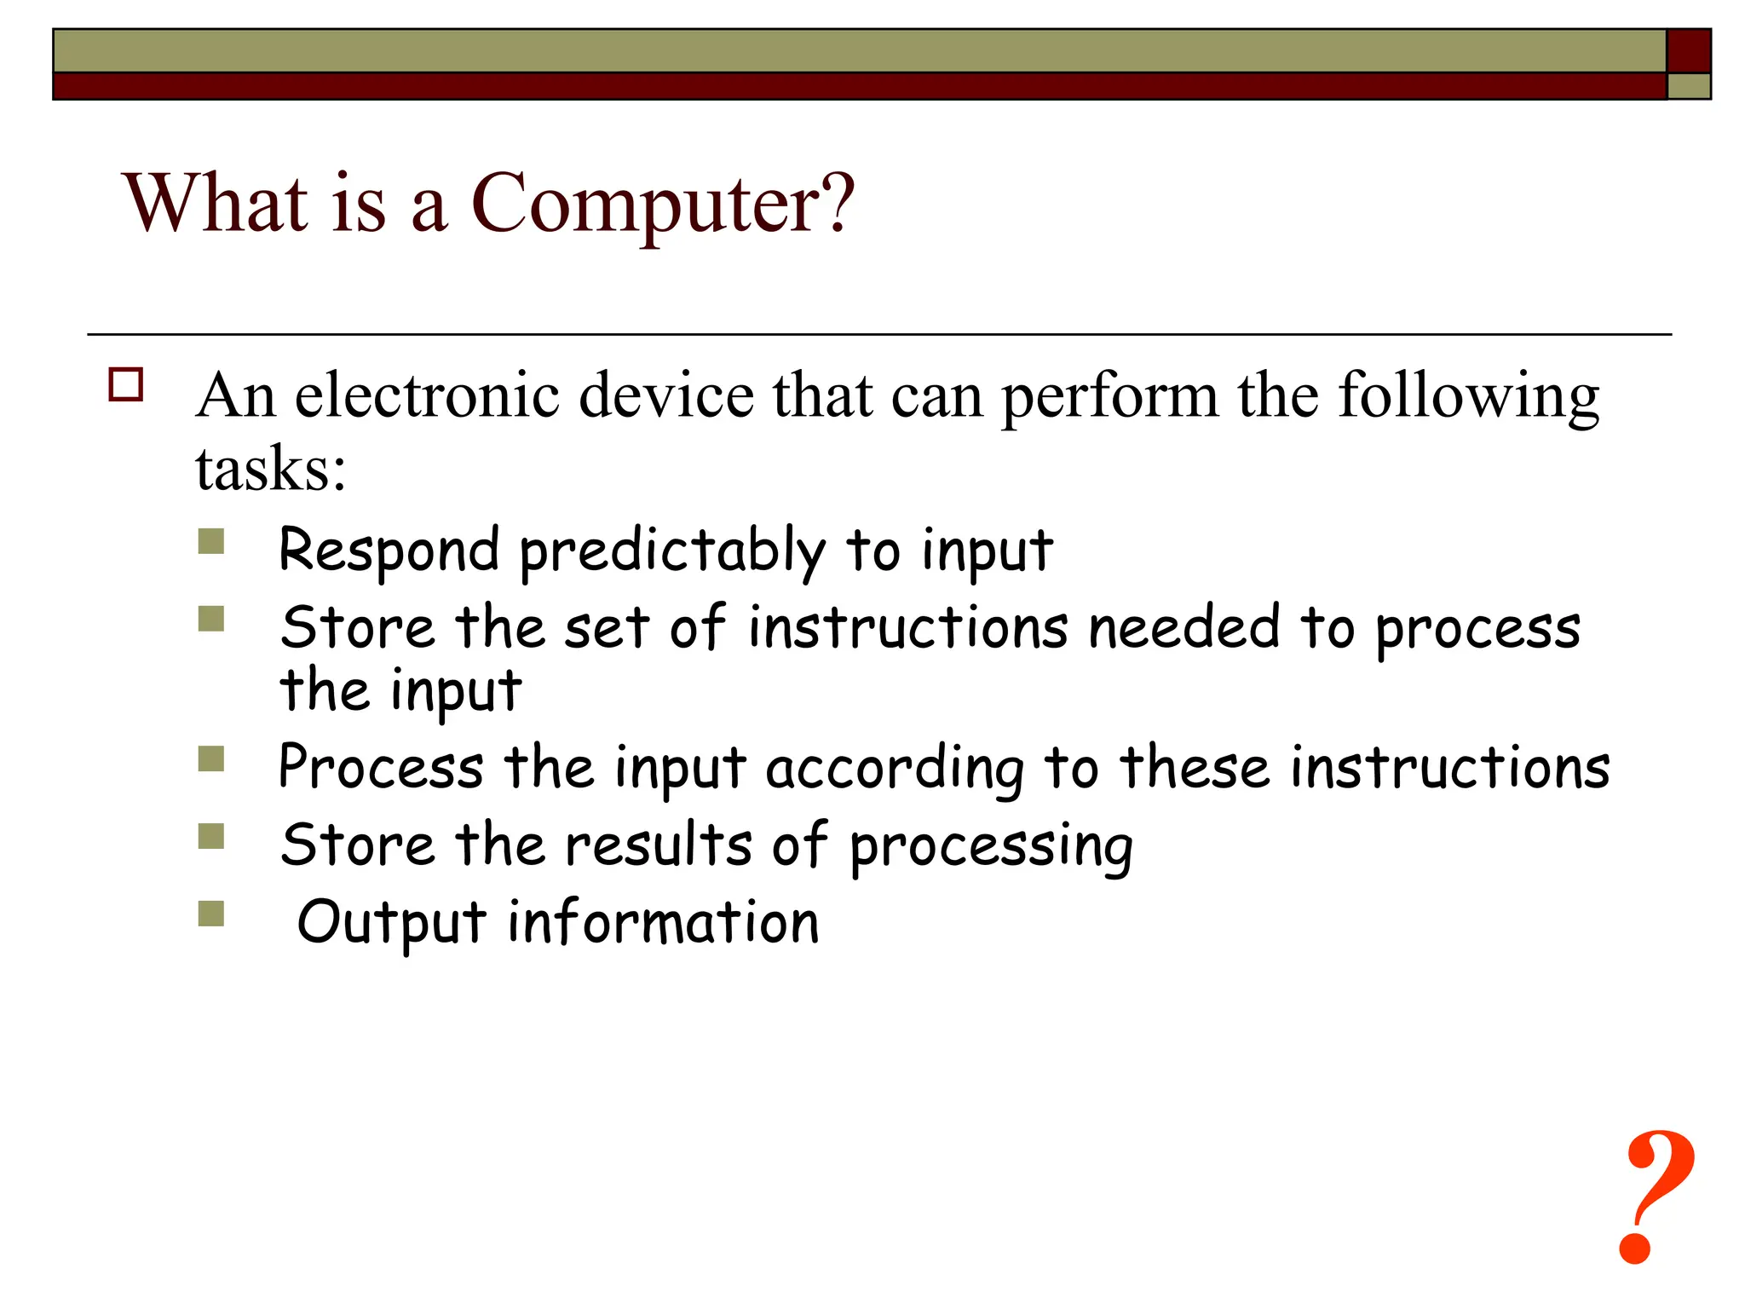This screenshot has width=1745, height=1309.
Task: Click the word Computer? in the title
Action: click(662, 205)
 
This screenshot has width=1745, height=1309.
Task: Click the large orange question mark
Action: click(1657, 1197)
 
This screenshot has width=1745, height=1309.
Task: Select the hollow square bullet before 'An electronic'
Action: click(126, 385)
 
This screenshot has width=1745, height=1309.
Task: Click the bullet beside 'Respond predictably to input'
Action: click(211, 542)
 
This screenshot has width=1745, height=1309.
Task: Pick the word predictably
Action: click(672, 552)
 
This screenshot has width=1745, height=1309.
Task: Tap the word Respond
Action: click(389, 550)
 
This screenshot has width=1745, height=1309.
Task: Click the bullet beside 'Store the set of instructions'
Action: click(211, 619)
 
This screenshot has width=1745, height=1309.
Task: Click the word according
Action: click(895, 770)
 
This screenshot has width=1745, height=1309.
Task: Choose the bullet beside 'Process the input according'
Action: click(211, 758)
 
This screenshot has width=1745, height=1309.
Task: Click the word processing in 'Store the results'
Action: click(991, 849)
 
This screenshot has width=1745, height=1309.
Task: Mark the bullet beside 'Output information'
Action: click(211, 914)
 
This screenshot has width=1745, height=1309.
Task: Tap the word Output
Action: click(392, 924)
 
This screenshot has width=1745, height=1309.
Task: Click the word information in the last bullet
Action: click(663, 922)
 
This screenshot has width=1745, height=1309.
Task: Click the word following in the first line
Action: click(1468, 397)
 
